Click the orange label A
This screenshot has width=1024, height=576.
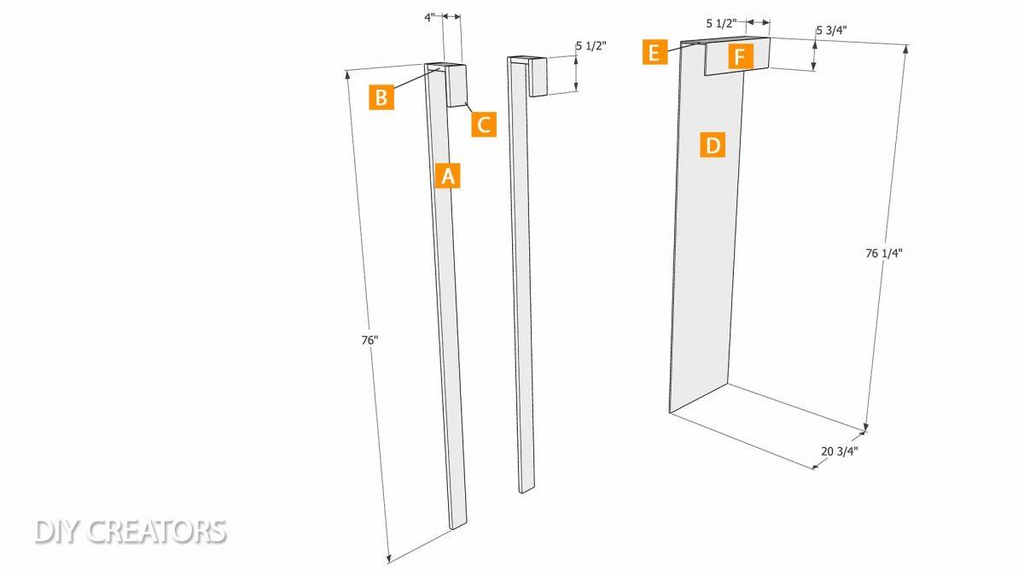447,176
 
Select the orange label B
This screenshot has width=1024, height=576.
381,97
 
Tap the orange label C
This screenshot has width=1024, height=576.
484,125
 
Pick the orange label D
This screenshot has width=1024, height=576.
713,145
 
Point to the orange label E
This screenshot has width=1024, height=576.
655,52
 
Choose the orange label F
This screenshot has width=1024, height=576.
741,56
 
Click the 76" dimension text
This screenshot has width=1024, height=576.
369,340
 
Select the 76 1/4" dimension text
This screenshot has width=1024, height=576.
884,253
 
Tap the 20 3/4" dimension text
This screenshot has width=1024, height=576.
840,451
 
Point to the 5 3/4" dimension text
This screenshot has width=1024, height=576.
831,30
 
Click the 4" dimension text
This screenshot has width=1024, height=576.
429,18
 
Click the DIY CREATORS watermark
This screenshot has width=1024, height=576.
131,531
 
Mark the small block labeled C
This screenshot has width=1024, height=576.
457,85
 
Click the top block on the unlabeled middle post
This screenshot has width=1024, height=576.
538,76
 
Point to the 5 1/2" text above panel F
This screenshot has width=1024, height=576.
722,23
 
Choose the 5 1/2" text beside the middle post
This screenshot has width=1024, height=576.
591,46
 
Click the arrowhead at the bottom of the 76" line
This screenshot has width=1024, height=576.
389,559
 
